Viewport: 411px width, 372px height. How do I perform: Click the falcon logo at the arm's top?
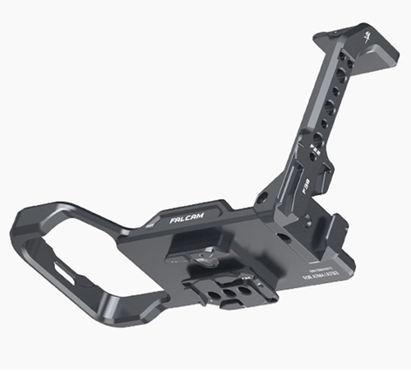coord(364,38)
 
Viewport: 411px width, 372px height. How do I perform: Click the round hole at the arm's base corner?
coord(262,198)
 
